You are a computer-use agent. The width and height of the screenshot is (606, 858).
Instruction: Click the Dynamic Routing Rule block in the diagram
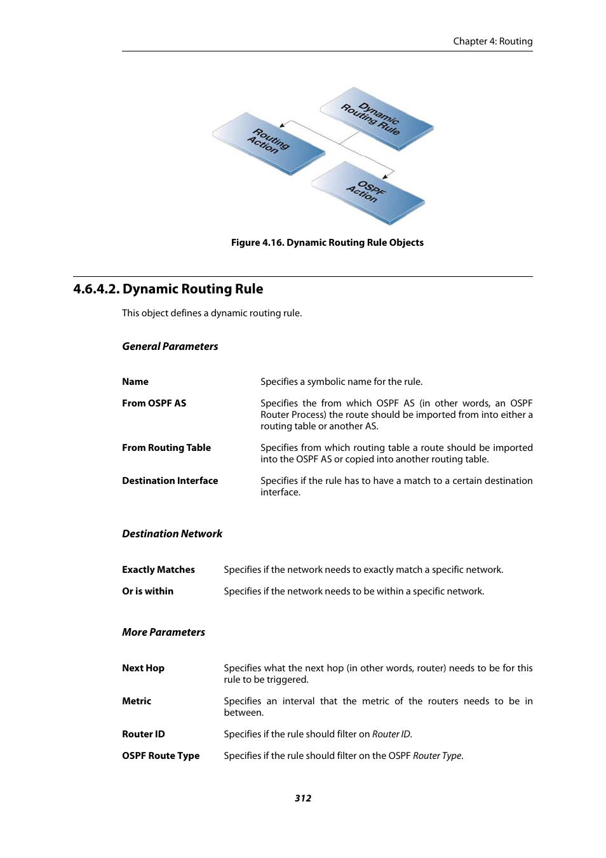376,118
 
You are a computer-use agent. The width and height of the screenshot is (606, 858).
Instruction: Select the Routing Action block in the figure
269,142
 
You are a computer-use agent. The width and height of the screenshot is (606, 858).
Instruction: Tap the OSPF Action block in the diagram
367,192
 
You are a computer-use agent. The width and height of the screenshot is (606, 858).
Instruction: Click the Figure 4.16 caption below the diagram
327,243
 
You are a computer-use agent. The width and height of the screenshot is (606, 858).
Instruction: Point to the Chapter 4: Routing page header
492,41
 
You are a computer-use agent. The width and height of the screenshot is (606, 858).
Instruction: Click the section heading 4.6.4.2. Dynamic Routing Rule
168,289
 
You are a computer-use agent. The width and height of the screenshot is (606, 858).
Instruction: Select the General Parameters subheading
170,346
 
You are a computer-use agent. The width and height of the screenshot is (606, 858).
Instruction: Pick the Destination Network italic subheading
172,534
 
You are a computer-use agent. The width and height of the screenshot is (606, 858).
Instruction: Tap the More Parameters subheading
163,633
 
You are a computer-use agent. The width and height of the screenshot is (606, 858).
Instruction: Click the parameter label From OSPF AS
154,403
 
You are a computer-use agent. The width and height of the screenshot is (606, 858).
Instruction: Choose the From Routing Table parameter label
166,448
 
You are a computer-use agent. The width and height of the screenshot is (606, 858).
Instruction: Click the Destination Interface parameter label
170,481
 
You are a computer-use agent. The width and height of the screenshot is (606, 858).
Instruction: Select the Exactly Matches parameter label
158,570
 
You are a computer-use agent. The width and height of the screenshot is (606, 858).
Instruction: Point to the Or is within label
147,591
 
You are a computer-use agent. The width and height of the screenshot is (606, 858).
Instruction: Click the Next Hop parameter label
143,668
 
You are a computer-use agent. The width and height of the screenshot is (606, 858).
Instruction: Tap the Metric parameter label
137,701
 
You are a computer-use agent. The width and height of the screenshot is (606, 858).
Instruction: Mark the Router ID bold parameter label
143,734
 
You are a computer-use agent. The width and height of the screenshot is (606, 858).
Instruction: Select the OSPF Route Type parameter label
161,756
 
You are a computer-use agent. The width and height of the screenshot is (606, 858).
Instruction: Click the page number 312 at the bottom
303,798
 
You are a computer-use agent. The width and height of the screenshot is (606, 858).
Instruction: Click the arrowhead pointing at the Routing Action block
283,125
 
